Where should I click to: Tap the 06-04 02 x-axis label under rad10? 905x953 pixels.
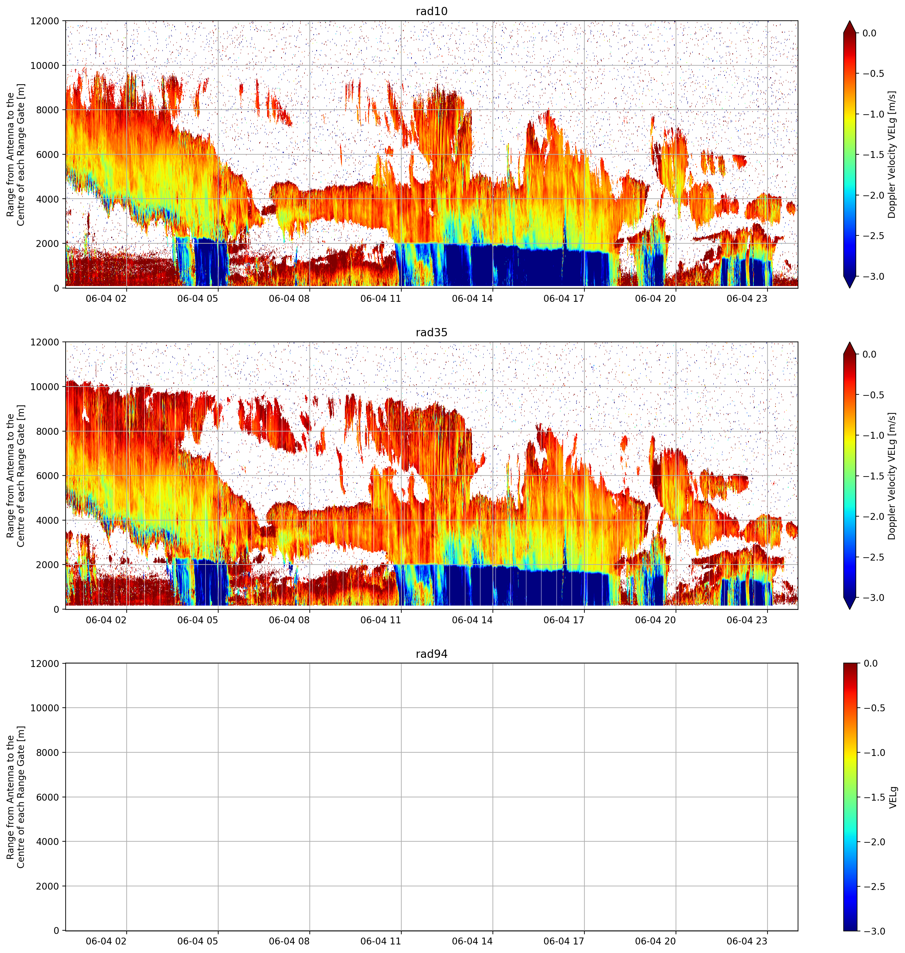106,299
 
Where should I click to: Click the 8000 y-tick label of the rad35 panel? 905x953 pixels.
48,431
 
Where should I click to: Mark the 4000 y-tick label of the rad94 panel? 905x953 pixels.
48,841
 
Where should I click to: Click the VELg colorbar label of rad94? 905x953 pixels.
893,797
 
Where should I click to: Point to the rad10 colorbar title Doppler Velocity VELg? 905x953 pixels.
892,154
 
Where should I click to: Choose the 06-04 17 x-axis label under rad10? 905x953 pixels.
564,299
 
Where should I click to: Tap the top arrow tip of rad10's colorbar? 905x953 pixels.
850,21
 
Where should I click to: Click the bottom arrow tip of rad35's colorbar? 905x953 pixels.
850,609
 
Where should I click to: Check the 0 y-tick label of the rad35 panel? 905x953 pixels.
57,609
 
